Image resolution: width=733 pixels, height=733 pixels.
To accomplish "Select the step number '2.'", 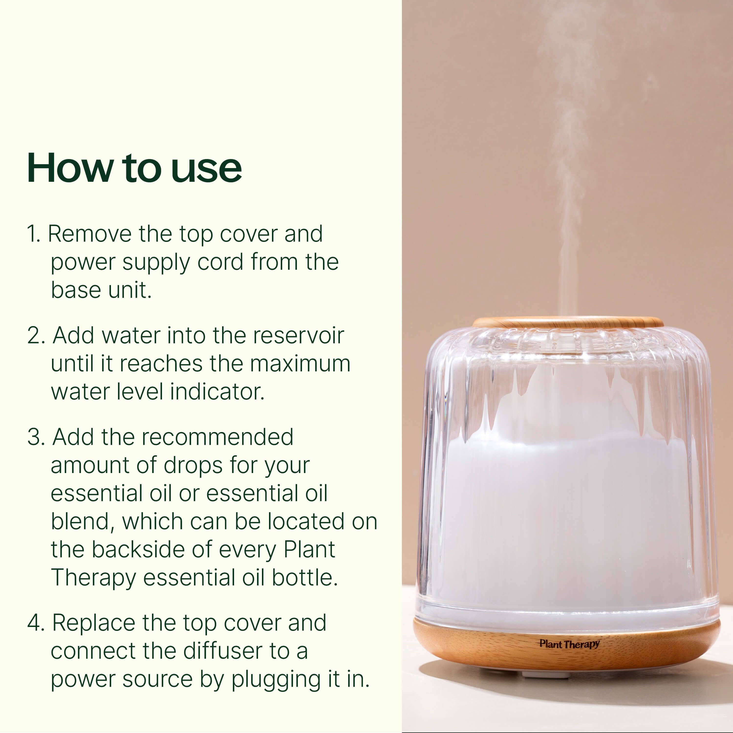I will coord(36,335).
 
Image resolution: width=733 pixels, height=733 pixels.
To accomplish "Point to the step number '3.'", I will coord(36,437).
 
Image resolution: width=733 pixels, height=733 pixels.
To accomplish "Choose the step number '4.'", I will coord(36,623).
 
